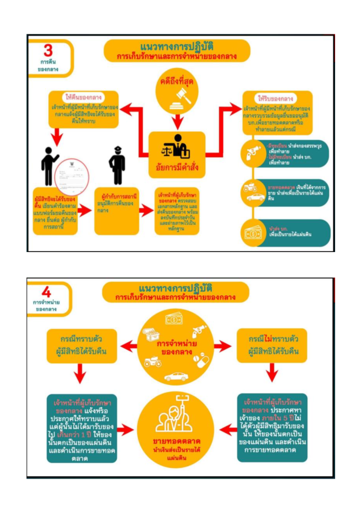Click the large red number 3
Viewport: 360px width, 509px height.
coord(48,50)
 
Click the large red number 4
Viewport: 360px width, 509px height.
coord(46,292)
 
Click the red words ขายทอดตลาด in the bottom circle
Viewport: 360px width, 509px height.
coord(178,441)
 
